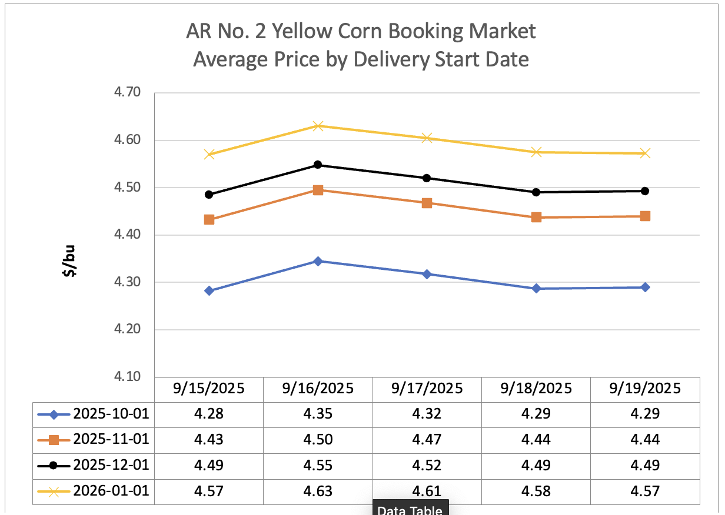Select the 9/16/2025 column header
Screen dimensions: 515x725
point(318,389)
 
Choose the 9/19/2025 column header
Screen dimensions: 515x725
point(645,389)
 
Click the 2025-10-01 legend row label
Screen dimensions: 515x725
point(111,414)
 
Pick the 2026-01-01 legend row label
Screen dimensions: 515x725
point(111,491)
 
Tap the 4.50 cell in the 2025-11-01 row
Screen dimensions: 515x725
point(318,440)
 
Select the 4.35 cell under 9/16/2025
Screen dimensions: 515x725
point(318,414)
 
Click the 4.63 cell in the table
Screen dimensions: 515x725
point(318,491)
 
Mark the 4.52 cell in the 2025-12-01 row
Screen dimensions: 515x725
point(427,466)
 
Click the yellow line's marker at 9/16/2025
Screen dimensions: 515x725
point(318,126)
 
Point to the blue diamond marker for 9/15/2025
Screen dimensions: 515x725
point(209,290)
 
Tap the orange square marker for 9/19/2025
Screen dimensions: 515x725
point(645,216)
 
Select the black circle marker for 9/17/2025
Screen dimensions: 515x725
point(427,178)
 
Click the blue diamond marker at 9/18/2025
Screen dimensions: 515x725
point(536,289)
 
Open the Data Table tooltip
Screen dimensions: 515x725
point(410,509)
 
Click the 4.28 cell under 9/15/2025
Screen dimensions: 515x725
point(209,414)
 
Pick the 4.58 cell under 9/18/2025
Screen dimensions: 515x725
point(536,491)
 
